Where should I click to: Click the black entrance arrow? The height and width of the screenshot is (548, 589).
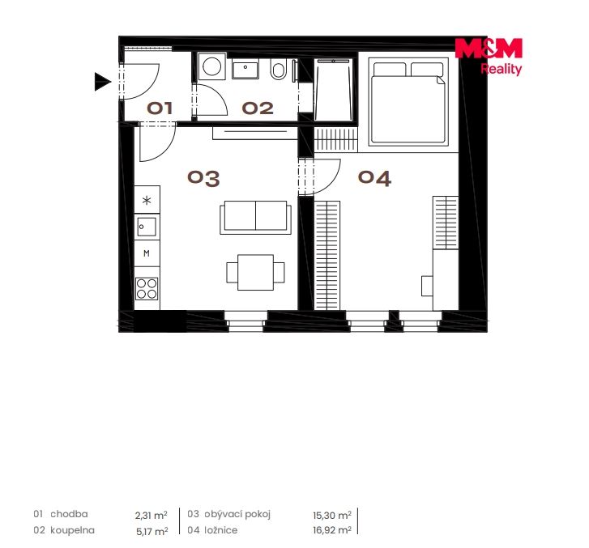coord(102,82)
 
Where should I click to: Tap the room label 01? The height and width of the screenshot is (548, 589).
coord(160,108)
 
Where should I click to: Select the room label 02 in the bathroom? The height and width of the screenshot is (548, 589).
coord(258,108)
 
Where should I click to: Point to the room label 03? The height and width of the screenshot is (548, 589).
coord(203,178)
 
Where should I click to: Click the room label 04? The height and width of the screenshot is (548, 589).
coord(374,178)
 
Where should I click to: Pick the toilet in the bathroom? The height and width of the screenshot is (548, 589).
coord(279,69)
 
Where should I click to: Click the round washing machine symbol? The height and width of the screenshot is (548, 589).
coord(211,66)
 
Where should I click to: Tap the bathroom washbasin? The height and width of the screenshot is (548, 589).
coord(245,69)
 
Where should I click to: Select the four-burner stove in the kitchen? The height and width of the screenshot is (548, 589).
coord(147,288)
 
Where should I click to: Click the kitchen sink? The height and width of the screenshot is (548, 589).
coord(147,227)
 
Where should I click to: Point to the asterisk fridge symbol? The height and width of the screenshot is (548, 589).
coord(147,200)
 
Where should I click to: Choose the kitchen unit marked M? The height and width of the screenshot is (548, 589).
coord(147,253)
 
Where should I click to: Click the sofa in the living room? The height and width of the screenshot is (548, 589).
coord(255,217)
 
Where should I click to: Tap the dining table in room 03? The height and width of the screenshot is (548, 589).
coord(255,272)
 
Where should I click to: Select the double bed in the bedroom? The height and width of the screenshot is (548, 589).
coord(408,101)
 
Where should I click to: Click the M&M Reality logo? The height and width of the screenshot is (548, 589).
coord(489,57)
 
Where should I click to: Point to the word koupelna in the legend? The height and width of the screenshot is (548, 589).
coord(72,530)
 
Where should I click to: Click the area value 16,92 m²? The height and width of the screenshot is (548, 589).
coord(332,530)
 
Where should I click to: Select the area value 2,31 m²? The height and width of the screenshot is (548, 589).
coord(151,515)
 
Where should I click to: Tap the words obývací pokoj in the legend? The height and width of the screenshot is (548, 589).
coord(237,514)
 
